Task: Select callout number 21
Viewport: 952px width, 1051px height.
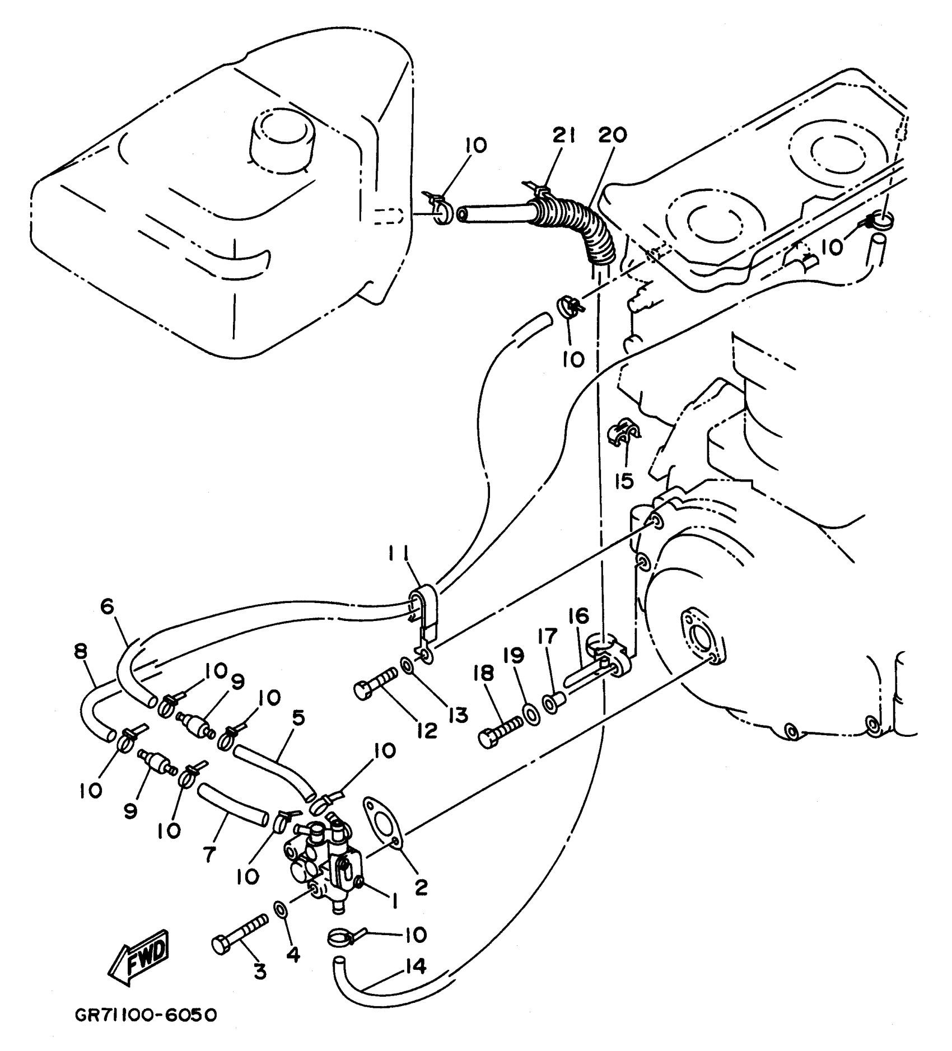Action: [x=564, y=136]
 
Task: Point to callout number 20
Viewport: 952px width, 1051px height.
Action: [x=612, y=136]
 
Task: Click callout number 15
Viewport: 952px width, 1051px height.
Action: [x=624, y=480]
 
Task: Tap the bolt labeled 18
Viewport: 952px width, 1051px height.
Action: [x=501, y=731]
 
